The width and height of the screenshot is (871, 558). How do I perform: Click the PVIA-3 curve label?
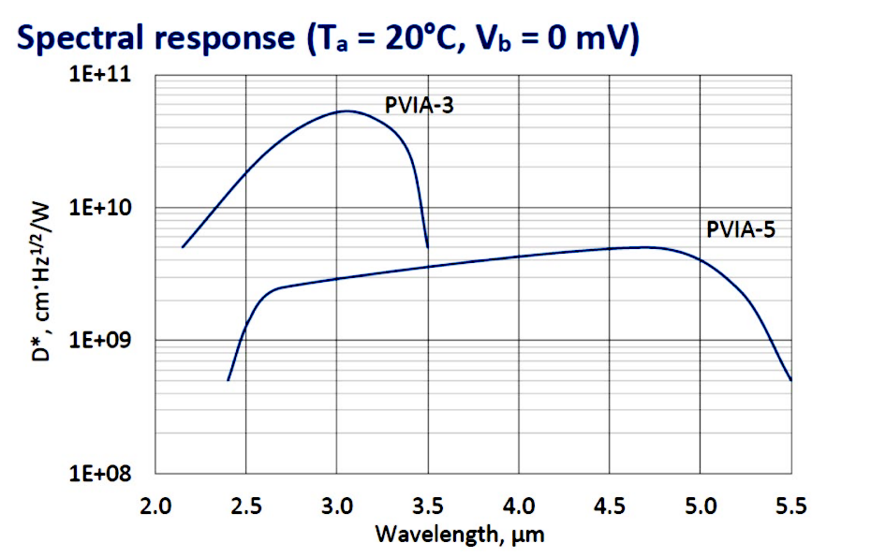tap(420, 105)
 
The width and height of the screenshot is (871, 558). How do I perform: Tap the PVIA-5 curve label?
tap(741, 229)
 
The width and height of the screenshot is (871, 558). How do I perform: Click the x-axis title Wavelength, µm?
tap(460, 536)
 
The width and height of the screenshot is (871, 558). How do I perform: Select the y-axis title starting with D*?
tap(47, 281)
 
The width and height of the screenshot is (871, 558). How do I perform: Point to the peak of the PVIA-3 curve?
tap(347, 110)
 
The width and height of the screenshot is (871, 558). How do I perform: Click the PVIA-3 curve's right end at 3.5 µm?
tap(427, 247)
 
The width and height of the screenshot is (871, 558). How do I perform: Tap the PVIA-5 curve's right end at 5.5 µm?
tap(790, 380)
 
